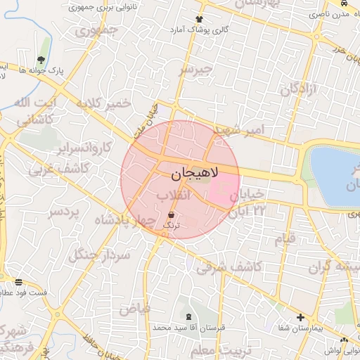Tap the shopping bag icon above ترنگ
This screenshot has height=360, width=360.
172,214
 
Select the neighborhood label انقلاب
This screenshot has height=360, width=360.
172,195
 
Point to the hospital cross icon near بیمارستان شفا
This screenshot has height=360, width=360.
300,317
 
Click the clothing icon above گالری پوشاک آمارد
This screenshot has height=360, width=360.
200,19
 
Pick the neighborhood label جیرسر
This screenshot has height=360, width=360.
195,70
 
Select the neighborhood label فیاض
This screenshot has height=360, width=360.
134,308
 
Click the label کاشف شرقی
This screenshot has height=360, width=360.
230,267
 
